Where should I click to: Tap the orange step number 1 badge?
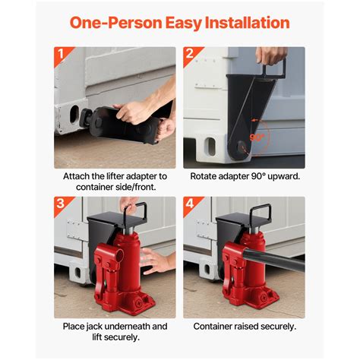click(62, 55)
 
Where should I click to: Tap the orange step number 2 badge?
click(191, 55)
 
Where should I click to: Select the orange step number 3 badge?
click(62, 205)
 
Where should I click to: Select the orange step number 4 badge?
click(191, 205)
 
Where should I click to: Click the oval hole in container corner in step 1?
click(74, 118)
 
